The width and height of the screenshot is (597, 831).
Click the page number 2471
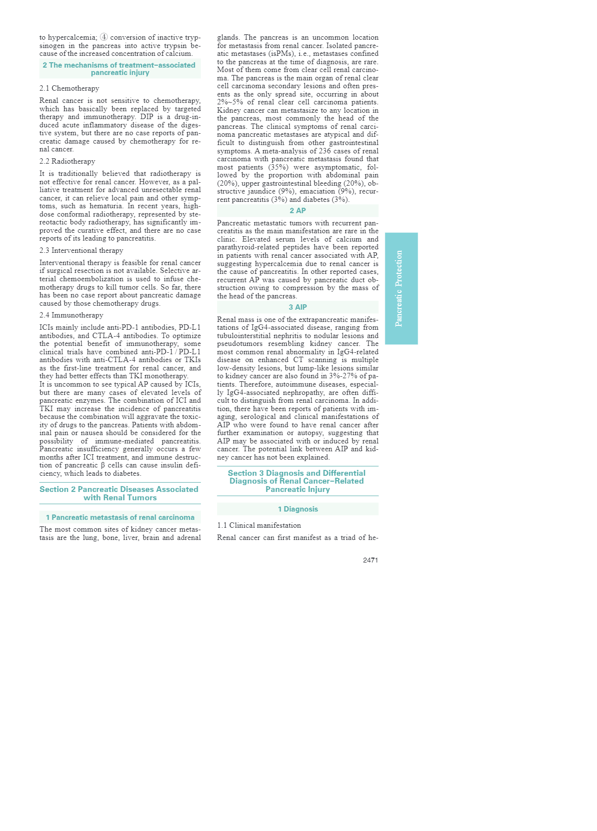pyautogui.click(x=370, y=560)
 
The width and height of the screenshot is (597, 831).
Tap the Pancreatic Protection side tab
pyautogui.click(x=401, y=288)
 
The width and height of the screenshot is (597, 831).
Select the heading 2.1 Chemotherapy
pyautogui.click(x=69, y=88)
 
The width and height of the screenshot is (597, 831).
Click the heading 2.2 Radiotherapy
pyautogui.click(x=67, y=161)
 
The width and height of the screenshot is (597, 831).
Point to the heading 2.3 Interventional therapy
pyautogui.click(x=81, y=250)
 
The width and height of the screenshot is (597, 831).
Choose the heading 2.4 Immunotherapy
pyautogui.click(x=71, y=315)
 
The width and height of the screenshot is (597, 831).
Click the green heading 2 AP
pyautogui.click(x=298, y=211)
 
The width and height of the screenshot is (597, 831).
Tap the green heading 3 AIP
pyautogui.click(x=298, y=307)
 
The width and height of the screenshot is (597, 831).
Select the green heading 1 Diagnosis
pyautogui.click(x=298, y=509)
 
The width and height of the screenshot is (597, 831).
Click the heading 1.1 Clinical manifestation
pyautogui.click(x=259, y=525)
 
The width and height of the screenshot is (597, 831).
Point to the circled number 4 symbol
pyautogui.click(x=104, y=37)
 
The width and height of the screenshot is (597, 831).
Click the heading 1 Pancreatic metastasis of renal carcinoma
pyautogui.click(x=120, y=517)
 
